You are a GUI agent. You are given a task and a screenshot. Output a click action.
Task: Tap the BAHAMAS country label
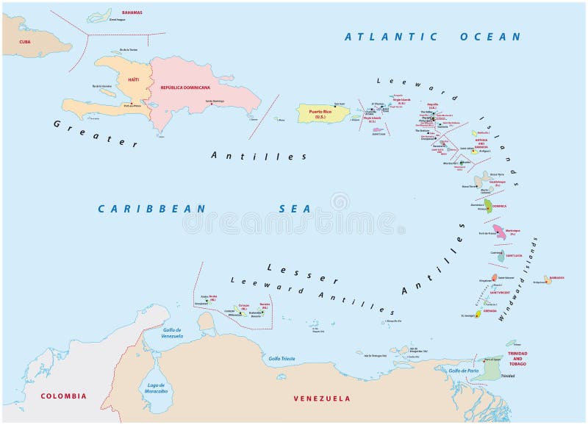(x=132, y=12)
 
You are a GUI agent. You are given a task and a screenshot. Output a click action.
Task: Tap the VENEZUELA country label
(x=322, y=398)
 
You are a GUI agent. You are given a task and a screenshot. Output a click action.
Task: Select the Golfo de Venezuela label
(x=177, y=333)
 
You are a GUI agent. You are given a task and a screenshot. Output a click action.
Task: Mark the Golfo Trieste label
(x=282, y=358)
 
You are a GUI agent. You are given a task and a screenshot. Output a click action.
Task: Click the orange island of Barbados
(x=548, y=280)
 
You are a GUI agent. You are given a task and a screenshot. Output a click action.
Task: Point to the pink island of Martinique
(x=500, y=232)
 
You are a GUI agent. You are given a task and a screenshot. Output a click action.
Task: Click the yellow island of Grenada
(x=478, y=314)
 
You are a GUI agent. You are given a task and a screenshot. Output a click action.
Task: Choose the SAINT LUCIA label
(x=514, y=255)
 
